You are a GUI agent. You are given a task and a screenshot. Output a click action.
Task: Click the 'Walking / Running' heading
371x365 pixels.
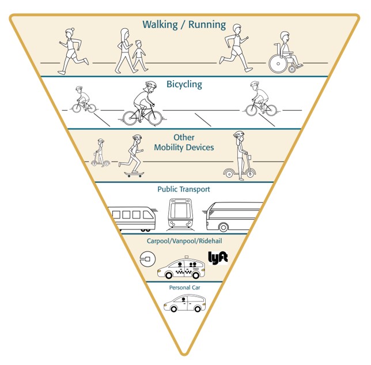click(x=184, y=26)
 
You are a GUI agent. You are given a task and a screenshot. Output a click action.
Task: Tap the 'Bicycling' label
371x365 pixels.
click(x=184, y=85)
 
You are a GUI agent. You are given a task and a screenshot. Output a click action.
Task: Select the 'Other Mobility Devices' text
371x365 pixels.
click(x=184, y=143)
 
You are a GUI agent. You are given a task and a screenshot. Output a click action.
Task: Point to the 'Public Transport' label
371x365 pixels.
click(x=184, y=189)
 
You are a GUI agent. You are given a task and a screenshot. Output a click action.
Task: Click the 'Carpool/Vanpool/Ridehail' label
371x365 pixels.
click(x=184, y=239)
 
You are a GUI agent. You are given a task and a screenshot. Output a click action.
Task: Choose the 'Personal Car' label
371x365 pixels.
click(x=184, y=287)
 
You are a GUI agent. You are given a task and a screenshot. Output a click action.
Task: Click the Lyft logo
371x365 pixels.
click(x=218, y=257)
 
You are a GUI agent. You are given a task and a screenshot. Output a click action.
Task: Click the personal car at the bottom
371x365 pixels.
click(x=184, y=302)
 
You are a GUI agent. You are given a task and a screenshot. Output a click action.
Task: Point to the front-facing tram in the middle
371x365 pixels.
click(x=180, y=214)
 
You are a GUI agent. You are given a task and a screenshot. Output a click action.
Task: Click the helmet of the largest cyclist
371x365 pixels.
click(x=150, y=85)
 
